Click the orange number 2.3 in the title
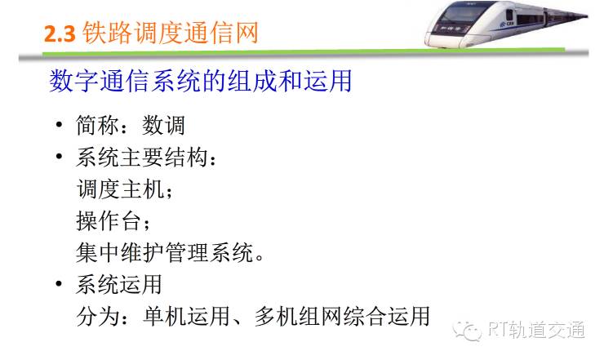tap(60, 33)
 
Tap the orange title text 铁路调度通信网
tap(170, 33)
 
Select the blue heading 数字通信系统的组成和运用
tap(200, 81)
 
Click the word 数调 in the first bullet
tap(163, 125)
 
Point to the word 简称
tap(98, 125)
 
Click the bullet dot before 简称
tap(59, 125)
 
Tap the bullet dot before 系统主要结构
tap(59, 157)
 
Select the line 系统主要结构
tap(142, 158)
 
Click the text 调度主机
tap(120, 189)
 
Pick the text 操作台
tap(109, 221)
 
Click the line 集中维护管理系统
tap(165, 253)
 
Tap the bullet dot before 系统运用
tap(59, 284)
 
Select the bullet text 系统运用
tap(118, 284)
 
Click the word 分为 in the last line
tap(98, 317)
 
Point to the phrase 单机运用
tap(186, 317)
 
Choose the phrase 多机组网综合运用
tap(342, 317)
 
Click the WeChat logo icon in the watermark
tap(467, 331)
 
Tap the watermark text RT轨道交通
tap(536, 330)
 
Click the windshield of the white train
tap(461, 15)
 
